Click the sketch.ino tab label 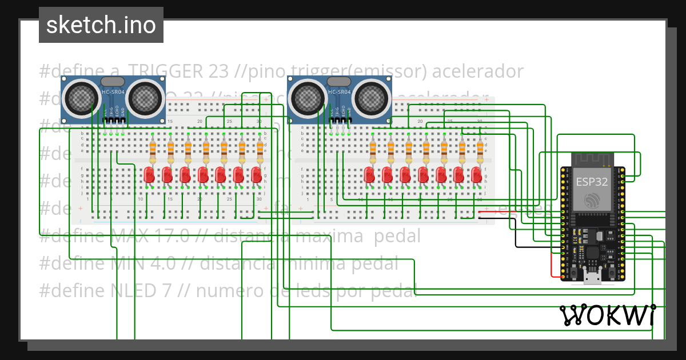pyautogui.click(x=101, y=25)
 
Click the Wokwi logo pyautogui.click(x=607, y=315)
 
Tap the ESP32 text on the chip pyautogui.click(x=592, y=182)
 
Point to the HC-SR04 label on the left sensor pyautogui.click(x=113, y=92)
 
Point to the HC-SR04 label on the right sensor pyautogui.click(x=339, y=92)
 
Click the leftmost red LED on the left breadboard pyautogui.click(x=149, y=174)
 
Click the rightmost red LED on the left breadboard pyautogui.click(x=256, y=174)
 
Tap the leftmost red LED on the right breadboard pyautogui.click(x=369, y=174)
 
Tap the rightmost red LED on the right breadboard pyautogui.click(x=476, y=174)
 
